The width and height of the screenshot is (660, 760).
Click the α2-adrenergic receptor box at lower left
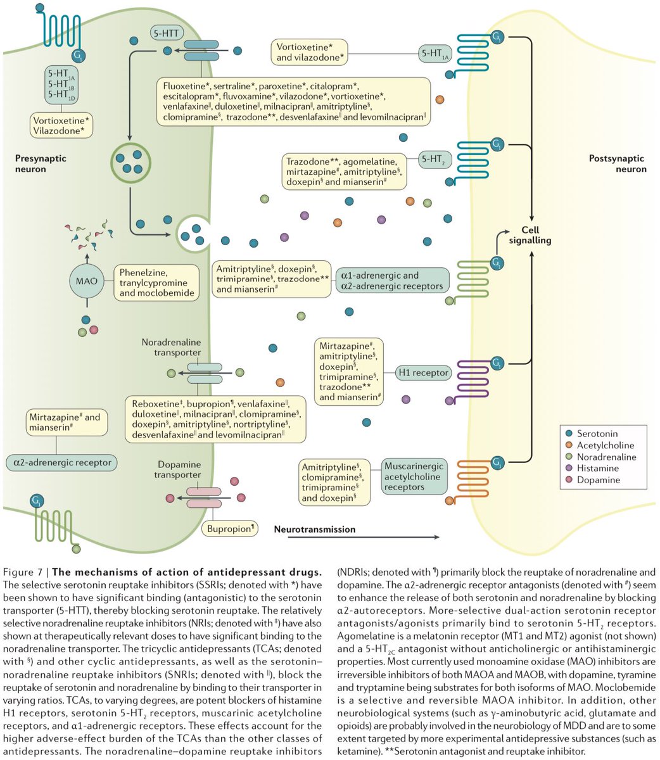[x=61, y=462]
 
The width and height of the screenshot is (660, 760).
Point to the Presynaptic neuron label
[x=40, y=164]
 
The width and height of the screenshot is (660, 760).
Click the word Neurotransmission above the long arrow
[x=315, y=529]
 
